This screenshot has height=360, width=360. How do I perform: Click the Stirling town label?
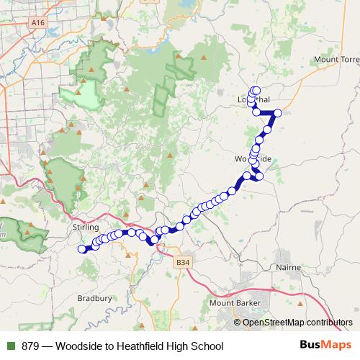pos(86,228)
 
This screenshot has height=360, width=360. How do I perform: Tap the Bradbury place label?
pos(94,297)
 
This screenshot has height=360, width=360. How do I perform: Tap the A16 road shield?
pos(38,24)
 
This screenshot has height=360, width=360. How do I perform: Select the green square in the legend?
pos(9,346)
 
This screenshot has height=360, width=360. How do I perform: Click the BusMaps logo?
pos(320,345)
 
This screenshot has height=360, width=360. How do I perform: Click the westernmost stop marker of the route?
pos(82,250)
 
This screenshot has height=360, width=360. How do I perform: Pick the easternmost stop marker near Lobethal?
pos(277,112)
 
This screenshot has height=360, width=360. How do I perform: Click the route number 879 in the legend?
pos(31,346)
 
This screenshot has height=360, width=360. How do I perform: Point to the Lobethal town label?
pos(253,99)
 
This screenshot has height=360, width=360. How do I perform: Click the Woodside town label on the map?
pos(252,158)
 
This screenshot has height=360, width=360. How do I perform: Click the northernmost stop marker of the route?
pos(256,90)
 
